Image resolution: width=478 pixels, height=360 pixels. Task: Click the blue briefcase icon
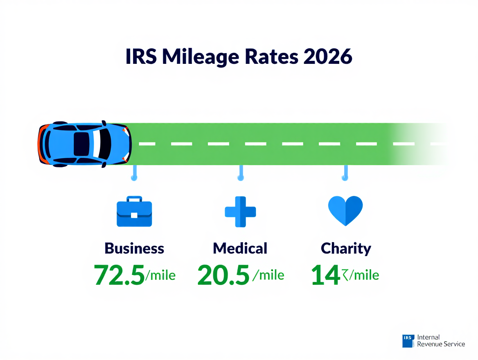(x=134, y=212)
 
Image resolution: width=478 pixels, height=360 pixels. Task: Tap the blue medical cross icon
(x=240, y=211)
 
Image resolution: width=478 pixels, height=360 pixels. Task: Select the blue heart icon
(x=345, y=210)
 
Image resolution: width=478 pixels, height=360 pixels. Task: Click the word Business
(x=134, y=248)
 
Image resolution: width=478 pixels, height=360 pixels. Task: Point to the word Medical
(x=240, y=248)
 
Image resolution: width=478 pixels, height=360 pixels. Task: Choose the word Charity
(x=346, y=248)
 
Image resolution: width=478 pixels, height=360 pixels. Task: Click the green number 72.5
(x=119, y=275)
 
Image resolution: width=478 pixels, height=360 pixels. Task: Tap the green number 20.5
(x=223, y=275)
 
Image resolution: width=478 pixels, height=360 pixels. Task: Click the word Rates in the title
(x=272, y=57)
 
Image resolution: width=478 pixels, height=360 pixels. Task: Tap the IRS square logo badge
(x=408, y=341)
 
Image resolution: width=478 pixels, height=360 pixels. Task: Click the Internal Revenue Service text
(x=441, y=341)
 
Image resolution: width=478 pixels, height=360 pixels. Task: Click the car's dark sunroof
(x=81, y=144)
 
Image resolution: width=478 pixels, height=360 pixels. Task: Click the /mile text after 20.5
(x=268, y=275)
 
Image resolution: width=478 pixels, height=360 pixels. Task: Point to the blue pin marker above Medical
(x=240, y=173)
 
